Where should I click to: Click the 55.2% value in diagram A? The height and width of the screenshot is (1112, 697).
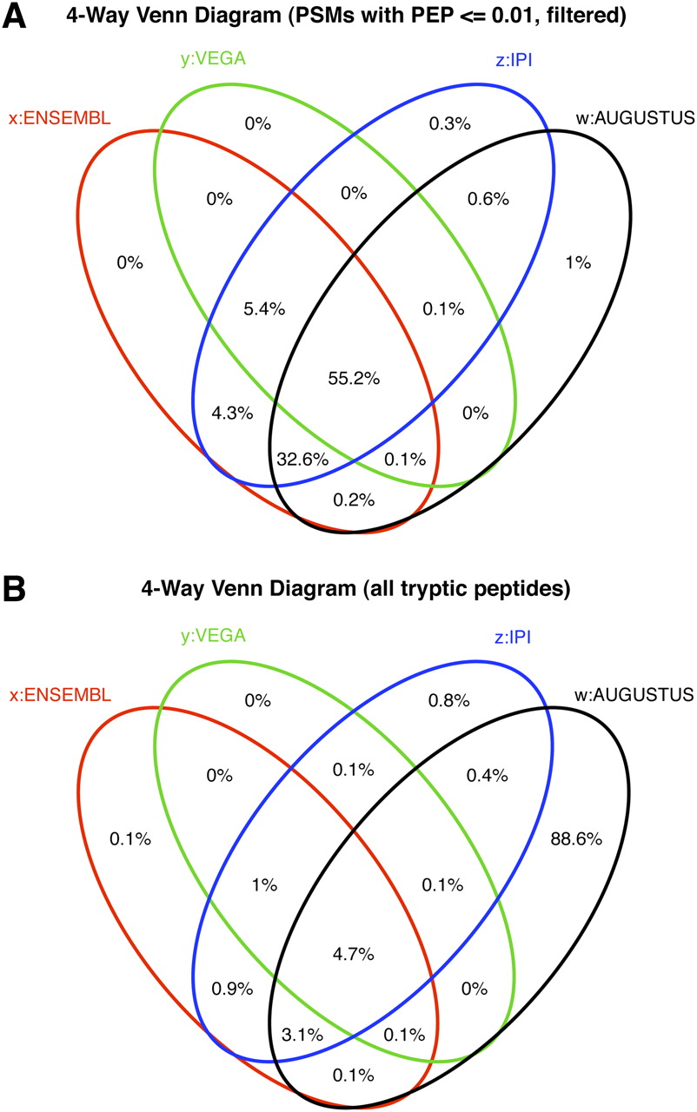click(353, 379)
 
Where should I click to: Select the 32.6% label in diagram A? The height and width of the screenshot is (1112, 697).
click(302, 457)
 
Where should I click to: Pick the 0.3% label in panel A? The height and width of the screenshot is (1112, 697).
click(450, 124)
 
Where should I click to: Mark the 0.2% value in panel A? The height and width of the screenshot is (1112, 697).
click(354, 499)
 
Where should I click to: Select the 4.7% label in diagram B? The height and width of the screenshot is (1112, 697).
click(353, 954)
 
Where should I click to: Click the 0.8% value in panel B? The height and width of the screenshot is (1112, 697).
click(450, 699)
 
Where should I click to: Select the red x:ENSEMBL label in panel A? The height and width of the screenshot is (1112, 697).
click(59, 119)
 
